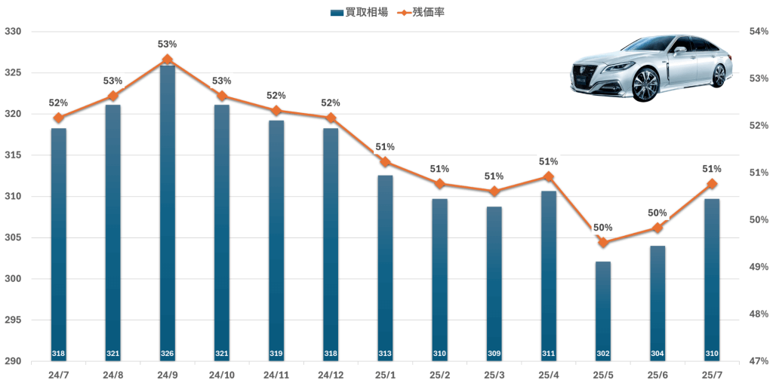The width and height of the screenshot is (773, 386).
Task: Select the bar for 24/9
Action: (x=168, y=211)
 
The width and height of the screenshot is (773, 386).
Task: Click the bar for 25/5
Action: (x=603, y=309)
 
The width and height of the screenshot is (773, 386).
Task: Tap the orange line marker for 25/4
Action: (x=549, y=177)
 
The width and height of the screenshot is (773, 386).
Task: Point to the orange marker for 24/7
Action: (x=59, y=118)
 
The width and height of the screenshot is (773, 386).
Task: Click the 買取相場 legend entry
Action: (x=359, y=13)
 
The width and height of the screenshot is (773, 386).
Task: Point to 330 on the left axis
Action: (x=14, y=32)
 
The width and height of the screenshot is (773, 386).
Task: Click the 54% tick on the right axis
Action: (x=757, y=32)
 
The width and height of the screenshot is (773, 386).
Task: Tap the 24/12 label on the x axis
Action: (x=331, y=375)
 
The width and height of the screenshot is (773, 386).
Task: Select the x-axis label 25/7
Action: (x=712, y=375)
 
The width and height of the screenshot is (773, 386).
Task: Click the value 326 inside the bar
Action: (x=168, y=354)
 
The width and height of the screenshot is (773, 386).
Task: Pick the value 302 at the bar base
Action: (x=603, y=354)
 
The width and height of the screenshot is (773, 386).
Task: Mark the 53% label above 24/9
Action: (x=168, y=44)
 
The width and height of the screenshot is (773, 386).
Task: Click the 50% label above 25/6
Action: (x=658, y=213)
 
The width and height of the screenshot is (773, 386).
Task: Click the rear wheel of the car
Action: (x=719, y=75)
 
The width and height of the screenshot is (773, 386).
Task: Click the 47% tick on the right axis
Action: (x=757, y=361)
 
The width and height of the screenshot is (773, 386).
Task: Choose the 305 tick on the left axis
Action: (x=14, y=237)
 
